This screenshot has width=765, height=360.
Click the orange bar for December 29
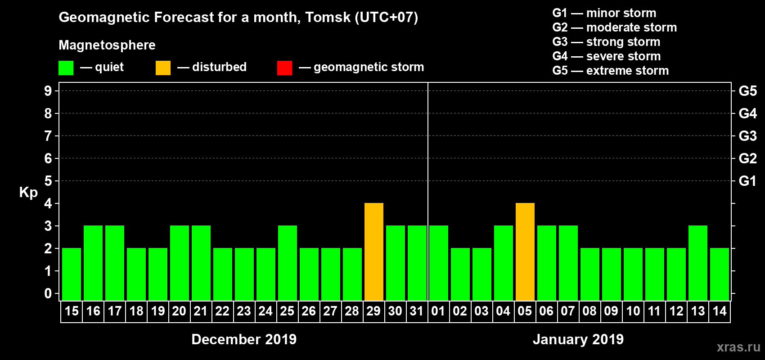pos(374,252)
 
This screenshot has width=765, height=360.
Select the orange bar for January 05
pos(525,252)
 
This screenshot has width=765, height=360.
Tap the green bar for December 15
pos(72,274)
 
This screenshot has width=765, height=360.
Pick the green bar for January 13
pos(698,263)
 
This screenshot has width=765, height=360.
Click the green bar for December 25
pos(288,263)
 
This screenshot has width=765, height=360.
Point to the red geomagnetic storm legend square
pos(284,68)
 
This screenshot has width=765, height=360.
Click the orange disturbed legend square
pos(163,68)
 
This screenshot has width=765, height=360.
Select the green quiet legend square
pos(66,68)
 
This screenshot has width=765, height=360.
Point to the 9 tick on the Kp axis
pos(48,91)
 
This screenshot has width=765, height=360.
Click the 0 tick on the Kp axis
pos(48,294)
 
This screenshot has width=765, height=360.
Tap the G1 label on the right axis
pos(747,181)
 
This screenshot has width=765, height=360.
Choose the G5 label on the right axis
pos(747,91)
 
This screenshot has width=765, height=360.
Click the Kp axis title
pos(28,193)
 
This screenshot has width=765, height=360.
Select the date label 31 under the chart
pos(417,311)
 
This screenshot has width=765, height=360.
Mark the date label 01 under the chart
pos(438,311)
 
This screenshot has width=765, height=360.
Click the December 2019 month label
pos(244,339)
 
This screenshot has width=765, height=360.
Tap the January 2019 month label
pos(578,339)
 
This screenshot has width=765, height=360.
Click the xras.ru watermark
pos(738,347)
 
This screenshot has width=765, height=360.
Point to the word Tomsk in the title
pos(328,17)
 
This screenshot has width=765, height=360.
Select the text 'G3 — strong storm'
pos(606,42)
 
